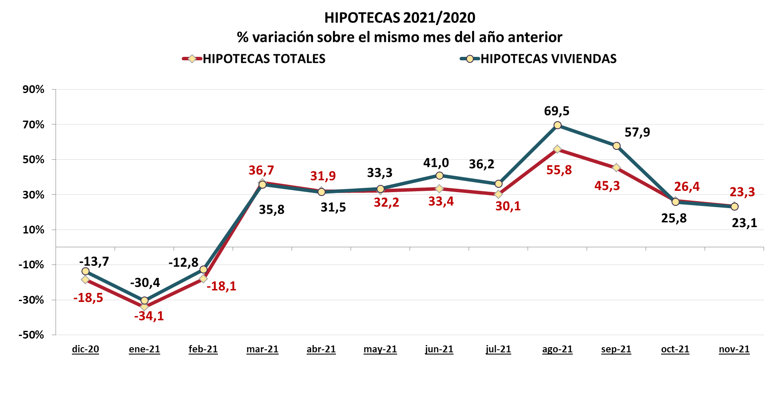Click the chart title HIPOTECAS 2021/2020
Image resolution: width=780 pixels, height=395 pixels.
point(399,18)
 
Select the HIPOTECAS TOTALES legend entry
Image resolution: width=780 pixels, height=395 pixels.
point(264,59)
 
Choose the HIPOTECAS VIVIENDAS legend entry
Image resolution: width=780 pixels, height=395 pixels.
point(548,59)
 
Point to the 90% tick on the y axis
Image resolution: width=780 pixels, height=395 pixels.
point(34,90)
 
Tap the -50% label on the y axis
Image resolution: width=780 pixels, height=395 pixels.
point(31,335)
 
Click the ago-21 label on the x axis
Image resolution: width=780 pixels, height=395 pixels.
point(557,349)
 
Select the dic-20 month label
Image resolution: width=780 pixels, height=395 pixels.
point(85,349)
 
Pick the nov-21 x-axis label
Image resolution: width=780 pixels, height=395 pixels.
point(734,349)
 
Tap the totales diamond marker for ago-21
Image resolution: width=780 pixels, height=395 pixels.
point(557,149)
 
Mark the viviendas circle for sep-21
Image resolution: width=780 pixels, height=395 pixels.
point(616,146)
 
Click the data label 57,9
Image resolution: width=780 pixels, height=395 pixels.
point(637,132)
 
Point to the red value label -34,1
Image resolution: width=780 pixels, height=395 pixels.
point(149,316)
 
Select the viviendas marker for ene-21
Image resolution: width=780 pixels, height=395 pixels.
point(144,301)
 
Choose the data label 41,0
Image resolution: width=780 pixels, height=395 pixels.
point(436,163)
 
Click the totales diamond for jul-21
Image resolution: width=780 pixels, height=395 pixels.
point(498,194)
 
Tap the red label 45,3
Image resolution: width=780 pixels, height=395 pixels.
point(607,186)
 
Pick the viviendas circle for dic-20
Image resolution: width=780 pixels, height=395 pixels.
point(85,271)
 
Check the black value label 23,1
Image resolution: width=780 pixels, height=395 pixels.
point(744,223)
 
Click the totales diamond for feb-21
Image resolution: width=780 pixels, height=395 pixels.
point(203,279)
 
